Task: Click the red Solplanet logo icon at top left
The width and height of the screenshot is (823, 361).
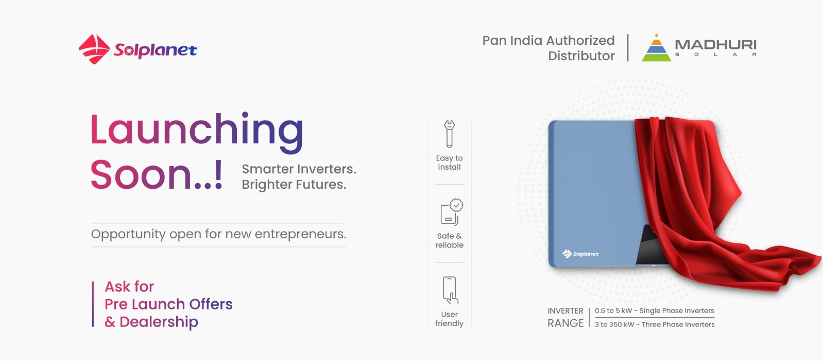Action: pos(94,49)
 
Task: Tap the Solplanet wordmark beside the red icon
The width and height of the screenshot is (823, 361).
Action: pos(155,50)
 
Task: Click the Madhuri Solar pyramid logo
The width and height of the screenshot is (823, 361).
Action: pos(656,48)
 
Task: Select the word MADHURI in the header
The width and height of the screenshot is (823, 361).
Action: pos(716,44)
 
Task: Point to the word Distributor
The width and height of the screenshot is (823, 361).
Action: pos(581,56)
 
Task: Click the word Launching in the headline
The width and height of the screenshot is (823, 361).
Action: pos(197,131)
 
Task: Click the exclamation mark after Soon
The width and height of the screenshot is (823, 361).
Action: pos(218,174)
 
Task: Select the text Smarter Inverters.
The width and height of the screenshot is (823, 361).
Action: pos(299,169)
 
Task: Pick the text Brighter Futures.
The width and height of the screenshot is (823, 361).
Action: pos(294,184)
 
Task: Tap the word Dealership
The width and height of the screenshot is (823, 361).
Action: pos(159,322)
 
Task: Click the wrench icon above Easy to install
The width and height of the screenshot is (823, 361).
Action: pos(449,134)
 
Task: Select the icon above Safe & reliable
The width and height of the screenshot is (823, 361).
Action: pos(452,212)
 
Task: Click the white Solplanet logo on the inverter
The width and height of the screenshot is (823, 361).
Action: pos(580,254)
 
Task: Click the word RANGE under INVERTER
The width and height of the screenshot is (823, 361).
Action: pos(565,323)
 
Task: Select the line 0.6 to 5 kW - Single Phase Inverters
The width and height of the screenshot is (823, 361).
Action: pos(655,310)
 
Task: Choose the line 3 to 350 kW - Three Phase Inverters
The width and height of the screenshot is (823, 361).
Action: pos(655,324)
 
